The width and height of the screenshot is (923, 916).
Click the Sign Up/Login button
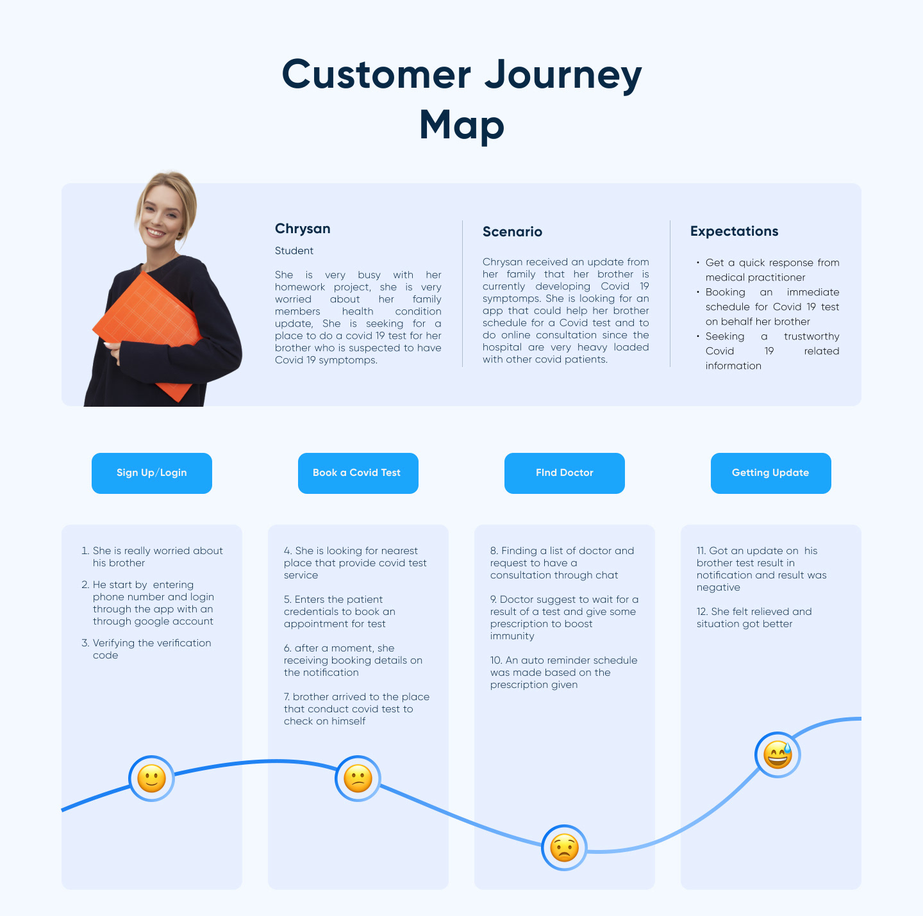[152, 473]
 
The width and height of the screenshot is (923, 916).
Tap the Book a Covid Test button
[358, 473]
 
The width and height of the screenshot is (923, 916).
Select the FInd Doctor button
[565, 473]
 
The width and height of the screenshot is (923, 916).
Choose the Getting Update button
[771, 473]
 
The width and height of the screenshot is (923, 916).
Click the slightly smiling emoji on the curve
[151, 778]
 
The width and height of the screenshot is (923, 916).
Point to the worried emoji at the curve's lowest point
[564, 847]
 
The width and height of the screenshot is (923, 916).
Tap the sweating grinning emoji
[777, 755]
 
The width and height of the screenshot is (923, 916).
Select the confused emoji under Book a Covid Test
[358, 778]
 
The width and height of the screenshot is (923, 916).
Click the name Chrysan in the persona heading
[303, 229]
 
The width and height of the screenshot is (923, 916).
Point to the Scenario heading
[513, 232]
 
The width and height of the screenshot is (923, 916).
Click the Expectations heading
[735, 231]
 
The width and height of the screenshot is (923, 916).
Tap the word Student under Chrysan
[294, 251]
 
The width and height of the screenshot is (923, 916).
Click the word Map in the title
[462, 126]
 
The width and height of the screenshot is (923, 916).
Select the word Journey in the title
[563, 76]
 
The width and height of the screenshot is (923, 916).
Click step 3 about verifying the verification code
[147, 649]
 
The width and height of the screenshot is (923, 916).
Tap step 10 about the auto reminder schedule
[564, 673]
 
